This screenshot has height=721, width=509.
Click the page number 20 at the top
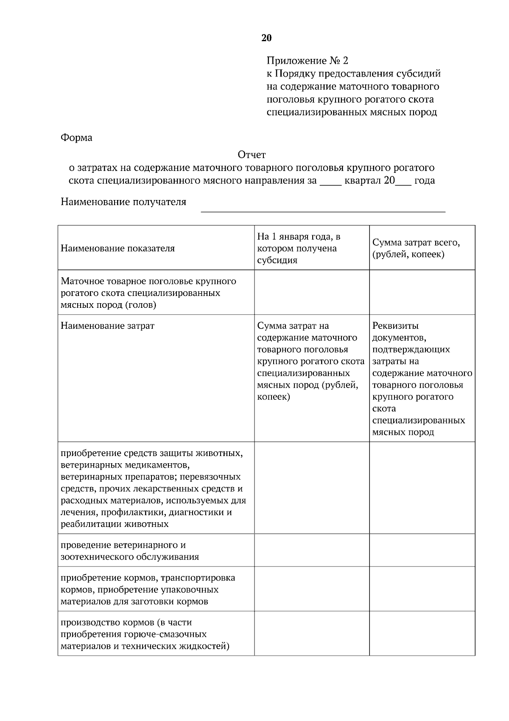[266, 38]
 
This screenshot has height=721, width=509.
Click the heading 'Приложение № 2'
[307, 61]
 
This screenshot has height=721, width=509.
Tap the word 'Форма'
[76, 138]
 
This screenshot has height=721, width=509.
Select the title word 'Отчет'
[252, 155]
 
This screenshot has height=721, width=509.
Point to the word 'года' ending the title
[425, 180]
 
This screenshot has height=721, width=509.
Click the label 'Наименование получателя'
[123, 202]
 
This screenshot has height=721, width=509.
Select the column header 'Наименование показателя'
[117, 248]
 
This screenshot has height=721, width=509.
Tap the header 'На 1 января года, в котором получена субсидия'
[299, 248]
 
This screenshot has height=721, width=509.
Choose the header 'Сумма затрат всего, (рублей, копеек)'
[416, 248]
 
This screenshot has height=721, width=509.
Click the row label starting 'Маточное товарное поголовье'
[148, 293]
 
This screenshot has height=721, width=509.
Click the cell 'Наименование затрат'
[107, 326]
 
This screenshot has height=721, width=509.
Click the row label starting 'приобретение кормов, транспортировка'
[148, 589]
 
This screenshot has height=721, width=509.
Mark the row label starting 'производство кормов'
[144, 634]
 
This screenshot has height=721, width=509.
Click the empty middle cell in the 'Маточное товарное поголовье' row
[312, 292]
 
